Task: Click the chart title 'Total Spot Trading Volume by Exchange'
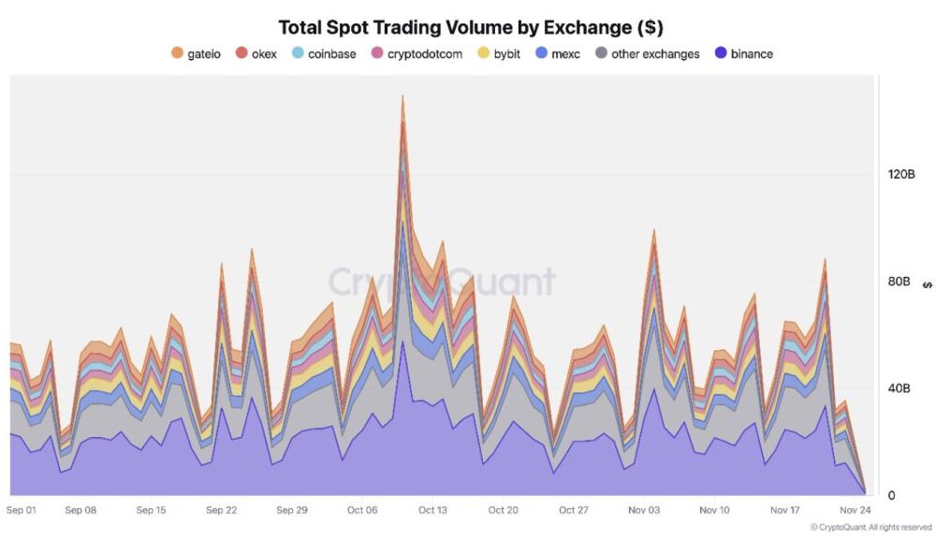[x=470, y=27]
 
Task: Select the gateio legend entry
[x=196, y=54]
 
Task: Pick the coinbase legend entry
[x=324, y=54]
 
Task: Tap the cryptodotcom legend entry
[x=417, y=54]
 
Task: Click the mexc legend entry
[x=558, y=54]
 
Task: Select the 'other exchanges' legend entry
[x=647, y=54]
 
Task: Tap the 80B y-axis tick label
[x=898, y=282]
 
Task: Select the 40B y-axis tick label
[x=898, y=388]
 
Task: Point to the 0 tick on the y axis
[x=891, y=496]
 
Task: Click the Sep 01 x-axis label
[x=21, y=511]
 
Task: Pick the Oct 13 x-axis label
[x=433, y=511]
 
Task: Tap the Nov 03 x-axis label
[x=643, y=511]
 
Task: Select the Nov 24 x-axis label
[x=854, y=511]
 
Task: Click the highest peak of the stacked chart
[x=402, y=95]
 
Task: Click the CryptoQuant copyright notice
[x=870, y=528]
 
